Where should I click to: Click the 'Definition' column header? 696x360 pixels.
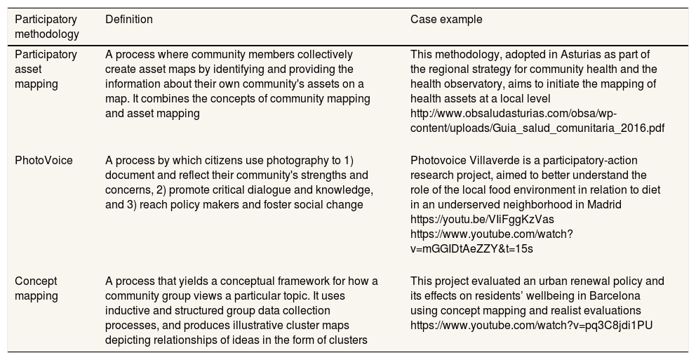point(128,20)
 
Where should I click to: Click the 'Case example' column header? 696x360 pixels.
point(446,20)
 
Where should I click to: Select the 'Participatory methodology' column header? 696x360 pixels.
point(46,27)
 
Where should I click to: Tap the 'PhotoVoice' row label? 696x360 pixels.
point(43,161)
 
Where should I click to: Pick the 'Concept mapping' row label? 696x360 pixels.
point(36,288)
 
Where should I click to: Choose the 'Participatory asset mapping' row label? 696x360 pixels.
point(46,69)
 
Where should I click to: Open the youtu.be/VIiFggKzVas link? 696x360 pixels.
point(479,220)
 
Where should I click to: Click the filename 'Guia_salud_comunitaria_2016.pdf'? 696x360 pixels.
point(576,128)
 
